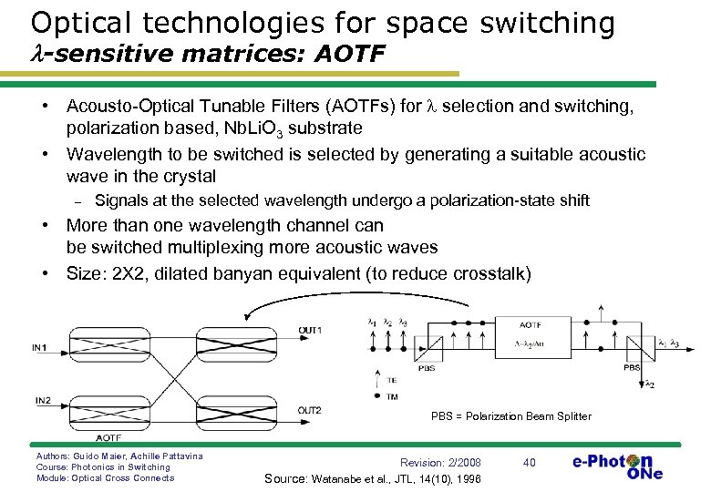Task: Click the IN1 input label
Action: point(38,347)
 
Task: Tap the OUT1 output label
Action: point(310,329)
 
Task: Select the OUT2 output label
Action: point(310,411)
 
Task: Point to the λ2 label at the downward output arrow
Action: point(650,384)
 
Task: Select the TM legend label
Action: point(392,396)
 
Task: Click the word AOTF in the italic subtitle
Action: point(349,57)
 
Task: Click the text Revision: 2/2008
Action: point(440,463)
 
